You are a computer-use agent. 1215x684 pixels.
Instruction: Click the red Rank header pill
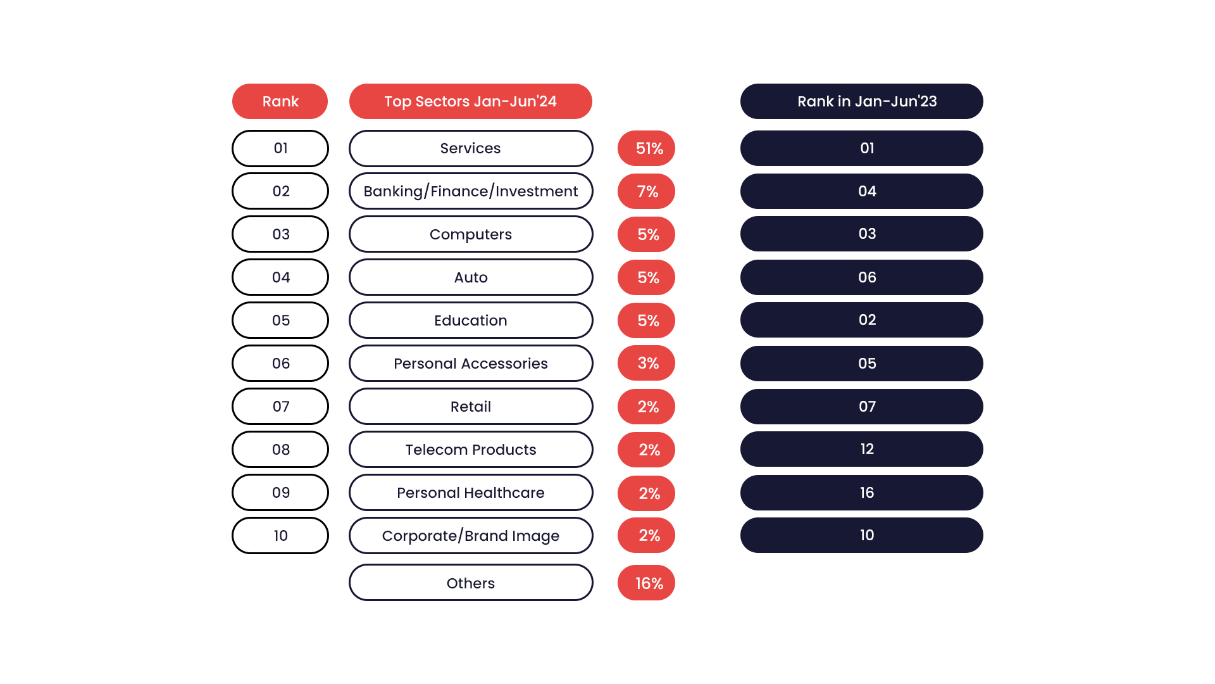click(280, 101)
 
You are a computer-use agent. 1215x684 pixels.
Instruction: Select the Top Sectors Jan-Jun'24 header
click(470, 101)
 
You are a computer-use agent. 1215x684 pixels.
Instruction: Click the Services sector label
click(470, 148)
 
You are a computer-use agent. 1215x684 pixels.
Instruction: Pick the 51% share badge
click(646, 148)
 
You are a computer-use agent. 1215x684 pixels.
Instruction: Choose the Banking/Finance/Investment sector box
click(470, 191)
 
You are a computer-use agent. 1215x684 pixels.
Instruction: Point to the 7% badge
click(646, 191)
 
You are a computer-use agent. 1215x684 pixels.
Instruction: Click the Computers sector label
click(470, 234)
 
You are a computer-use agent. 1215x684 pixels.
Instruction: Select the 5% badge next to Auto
click(646, 277)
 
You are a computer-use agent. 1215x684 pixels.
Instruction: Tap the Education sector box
click(470, 320)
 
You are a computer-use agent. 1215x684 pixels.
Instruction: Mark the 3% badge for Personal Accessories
click(646, 364)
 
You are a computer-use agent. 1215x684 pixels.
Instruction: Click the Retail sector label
click(470, 407)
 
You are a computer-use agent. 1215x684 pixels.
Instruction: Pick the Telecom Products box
click(470, 450)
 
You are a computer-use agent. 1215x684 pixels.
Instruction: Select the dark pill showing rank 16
click(861, 493)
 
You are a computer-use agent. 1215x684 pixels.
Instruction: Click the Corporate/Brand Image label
click(470, 536)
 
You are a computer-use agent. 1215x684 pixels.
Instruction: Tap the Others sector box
click(470, 583)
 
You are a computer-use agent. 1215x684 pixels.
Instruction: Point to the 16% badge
click(646, 583)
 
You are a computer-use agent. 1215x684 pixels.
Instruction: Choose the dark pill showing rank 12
click(861, 449)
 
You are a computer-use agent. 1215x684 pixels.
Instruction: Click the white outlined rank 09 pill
click(280, 493)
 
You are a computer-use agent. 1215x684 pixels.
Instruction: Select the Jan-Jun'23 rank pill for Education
click(861, 320)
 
